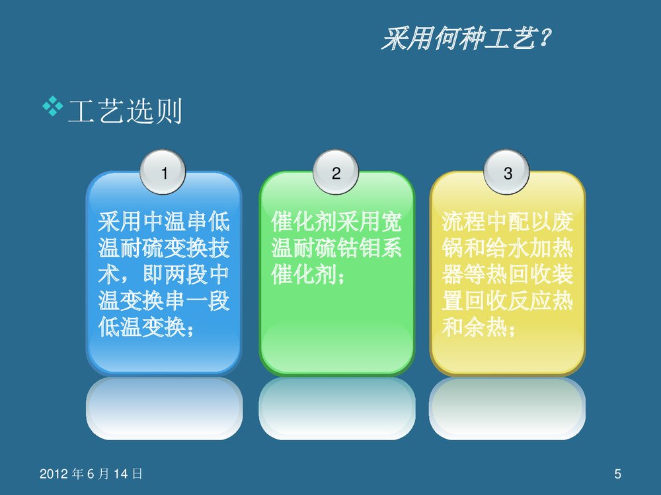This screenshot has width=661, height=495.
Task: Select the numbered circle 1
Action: (x=164, y=174)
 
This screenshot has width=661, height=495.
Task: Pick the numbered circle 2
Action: (x=336, y=174)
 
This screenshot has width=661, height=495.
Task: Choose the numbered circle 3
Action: (x=508, y=174)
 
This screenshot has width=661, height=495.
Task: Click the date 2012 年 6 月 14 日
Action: (x=91, y=473)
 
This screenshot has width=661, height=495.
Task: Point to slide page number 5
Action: (x=617, y=473)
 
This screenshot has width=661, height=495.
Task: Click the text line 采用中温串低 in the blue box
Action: (x=164, y=221)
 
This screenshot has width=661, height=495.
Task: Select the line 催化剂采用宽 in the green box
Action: (x=336, y=221)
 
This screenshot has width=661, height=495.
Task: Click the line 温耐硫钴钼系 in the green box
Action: (x=336, y=248)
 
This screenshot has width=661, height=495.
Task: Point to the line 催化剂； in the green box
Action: (x=308, y=275)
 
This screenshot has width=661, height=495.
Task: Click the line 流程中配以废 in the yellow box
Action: (x=508, y=221)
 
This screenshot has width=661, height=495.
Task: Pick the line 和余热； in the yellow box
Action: (x=479, y=328)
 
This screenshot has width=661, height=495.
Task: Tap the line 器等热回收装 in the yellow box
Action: (x=508, y=275)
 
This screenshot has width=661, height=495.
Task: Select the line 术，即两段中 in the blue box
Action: (x=164, y=275)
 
